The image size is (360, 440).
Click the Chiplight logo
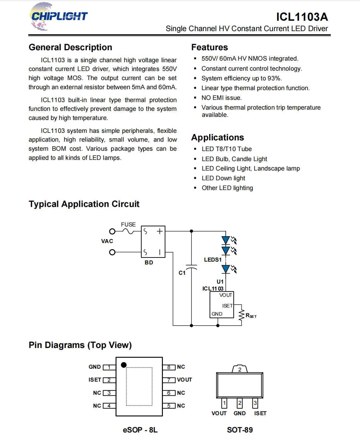click(x=58, y=16)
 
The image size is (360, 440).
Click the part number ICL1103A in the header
click(x=302, y=17)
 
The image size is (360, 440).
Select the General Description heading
click(x=70, y=47)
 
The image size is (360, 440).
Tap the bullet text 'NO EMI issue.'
click(x=222, y=98)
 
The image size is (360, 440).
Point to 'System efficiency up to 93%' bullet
click(x=241, y=78)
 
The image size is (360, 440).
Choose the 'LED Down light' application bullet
click(x=223, y=178)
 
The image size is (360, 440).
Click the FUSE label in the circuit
click(x=128, y=225)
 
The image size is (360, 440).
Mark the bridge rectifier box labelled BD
click(x=153, y=242)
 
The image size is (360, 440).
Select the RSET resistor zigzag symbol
click(x=241, y=315)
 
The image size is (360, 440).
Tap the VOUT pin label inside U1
click(x=225, y=295)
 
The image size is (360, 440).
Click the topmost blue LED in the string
click(x=225, y=240)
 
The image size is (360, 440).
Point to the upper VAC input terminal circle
click(x=112, y=231)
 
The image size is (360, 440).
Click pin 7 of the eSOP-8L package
click(x=169, y=380)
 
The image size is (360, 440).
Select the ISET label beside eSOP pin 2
click(x=95, y=380)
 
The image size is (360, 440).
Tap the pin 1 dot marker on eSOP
click(x=124, y=365)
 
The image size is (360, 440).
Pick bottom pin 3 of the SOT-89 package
click(x=255, y=403)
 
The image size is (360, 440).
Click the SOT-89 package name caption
click(x=240, y=430)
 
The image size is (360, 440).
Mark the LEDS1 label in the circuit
click(x=213, y=260)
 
